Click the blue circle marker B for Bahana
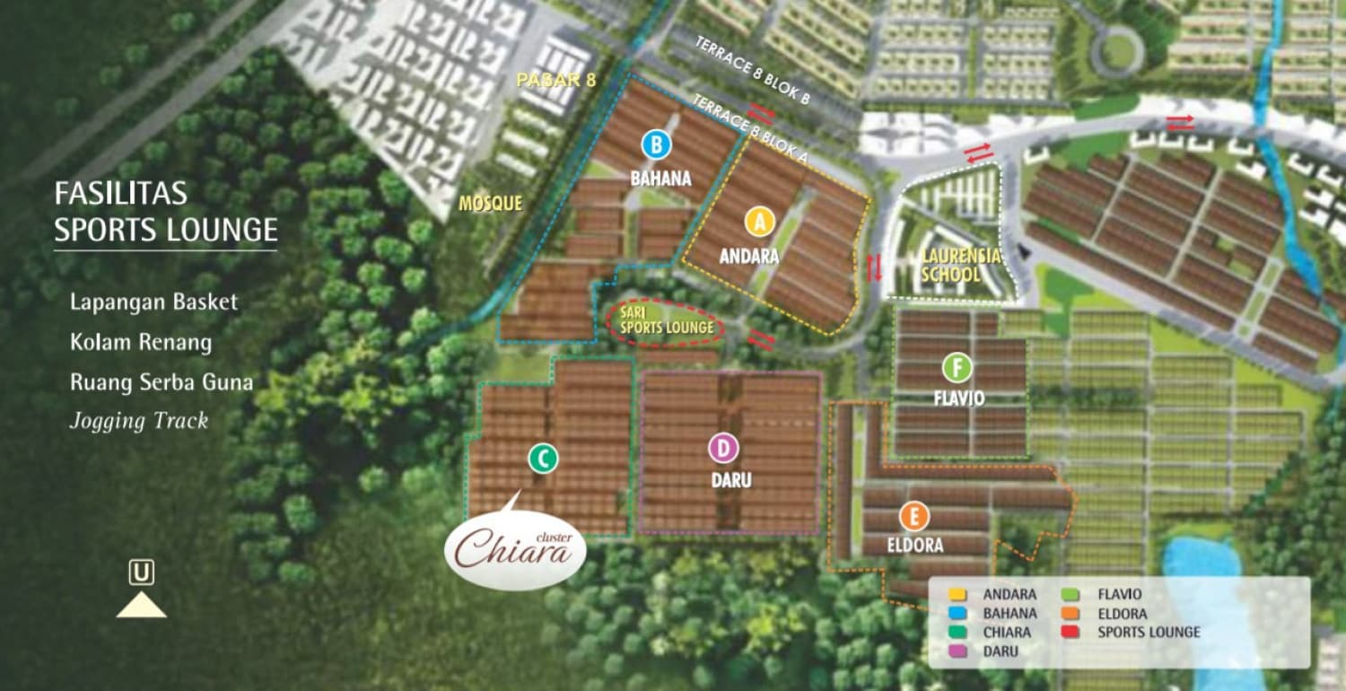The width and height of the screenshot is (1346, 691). pyautogui.click(x=657, y=144)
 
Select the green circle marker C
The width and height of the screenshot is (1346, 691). pyautogui.click(x=543, y=459)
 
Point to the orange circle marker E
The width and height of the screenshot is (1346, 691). pyautogui.click(x=913, y=516)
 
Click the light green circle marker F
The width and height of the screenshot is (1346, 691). pyautogui.click(x=957, y=366)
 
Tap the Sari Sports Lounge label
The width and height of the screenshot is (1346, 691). pyautogui.click(x=666, y=321)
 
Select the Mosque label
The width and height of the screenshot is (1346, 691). pyautogui.click(x=490, y=204)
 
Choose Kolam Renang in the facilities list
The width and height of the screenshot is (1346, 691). pyautogui.click(x=141, y=342)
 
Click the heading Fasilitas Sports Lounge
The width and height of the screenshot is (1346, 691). pyautogui.click(x=165, y=213)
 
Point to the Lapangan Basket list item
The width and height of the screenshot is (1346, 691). pyautogui.click(x=154, y=302)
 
